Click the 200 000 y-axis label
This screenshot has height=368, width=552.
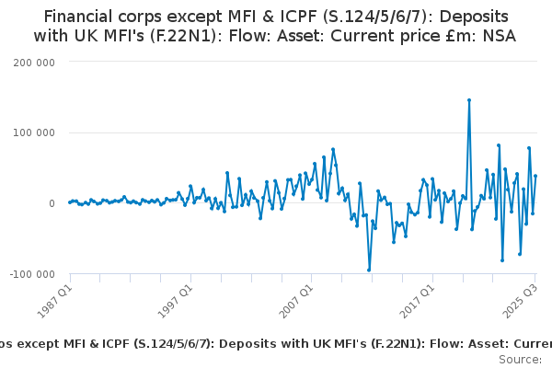(x=32, y=62)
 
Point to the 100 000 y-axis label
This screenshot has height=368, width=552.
(x=32, y=132)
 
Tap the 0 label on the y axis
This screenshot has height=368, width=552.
(x=52, y=203)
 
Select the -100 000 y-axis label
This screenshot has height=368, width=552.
(x=30, y=274)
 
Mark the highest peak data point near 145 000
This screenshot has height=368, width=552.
(x=469, y=100)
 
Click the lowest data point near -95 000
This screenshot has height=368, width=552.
(x=369, y=270)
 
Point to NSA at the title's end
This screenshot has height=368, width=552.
(x=499, y=36)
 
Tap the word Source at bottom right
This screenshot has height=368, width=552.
(x=519, y=359)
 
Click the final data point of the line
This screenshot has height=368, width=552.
(x=535, y=176)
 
